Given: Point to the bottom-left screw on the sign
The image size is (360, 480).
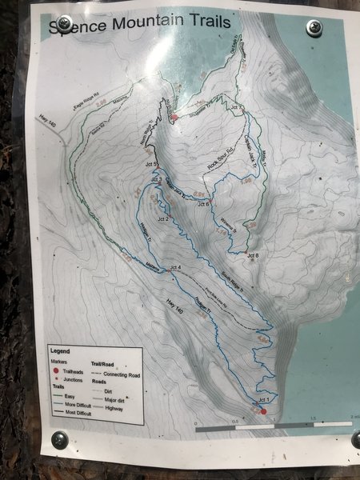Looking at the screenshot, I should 60,440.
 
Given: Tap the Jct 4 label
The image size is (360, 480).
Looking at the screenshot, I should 174,266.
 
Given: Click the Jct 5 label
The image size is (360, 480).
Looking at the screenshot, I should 150,166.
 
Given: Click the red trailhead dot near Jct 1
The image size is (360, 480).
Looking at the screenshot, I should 263,411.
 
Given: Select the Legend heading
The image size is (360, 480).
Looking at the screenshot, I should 60,350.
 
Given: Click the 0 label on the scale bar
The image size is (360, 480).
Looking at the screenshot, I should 196,422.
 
